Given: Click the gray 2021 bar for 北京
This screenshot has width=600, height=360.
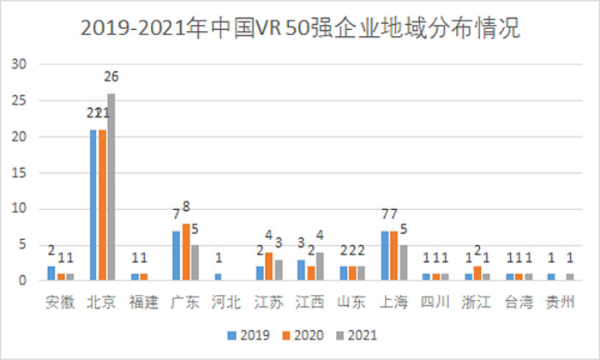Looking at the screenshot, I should [111, 187].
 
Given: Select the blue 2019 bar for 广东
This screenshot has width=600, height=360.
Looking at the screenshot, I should [176, 255].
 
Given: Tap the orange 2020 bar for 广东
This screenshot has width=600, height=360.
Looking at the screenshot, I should [186, 252].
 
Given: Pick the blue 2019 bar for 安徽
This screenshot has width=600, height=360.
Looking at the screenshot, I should [51, 273].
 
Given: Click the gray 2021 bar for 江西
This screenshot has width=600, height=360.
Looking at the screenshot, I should [321, 267].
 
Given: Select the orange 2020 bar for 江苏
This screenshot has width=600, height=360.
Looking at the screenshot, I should [268, 267].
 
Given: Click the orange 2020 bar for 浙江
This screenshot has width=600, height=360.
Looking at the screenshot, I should [477, 273].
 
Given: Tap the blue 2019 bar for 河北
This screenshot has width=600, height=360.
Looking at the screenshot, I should [217, 277].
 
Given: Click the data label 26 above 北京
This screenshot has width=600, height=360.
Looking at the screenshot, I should [111, 76].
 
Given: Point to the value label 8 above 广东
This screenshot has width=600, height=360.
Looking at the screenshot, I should [186, 206].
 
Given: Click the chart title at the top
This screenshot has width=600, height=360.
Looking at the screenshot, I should [300, 27].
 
